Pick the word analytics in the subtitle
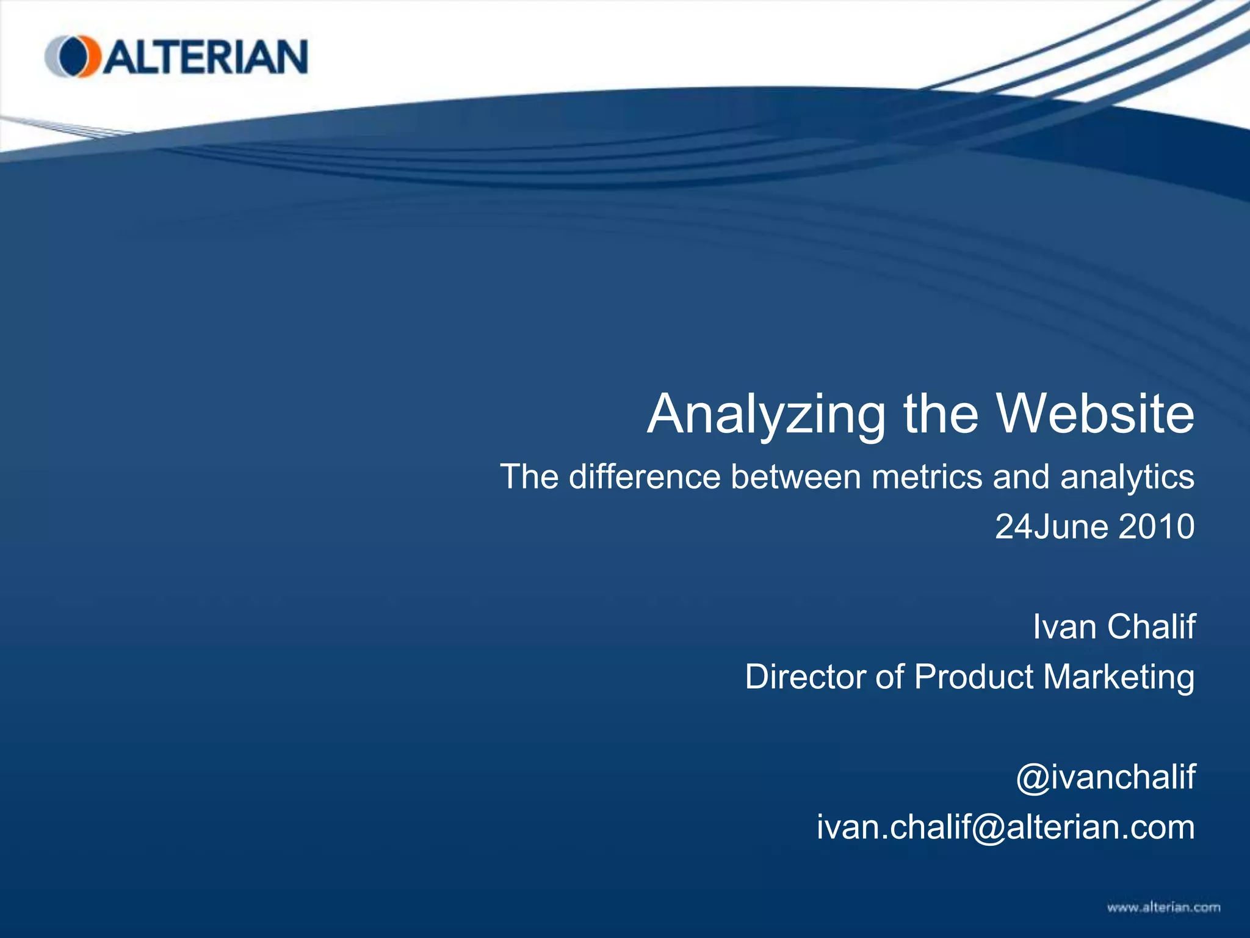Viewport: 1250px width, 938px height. [1127, 478]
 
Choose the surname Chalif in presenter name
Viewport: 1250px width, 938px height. [1151, 627]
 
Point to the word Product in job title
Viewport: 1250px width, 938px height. [975, 677]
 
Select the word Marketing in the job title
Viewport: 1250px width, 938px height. [1119, 678]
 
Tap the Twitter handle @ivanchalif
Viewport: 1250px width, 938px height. [1105, 777]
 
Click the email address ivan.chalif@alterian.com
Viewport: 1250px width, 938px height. [1006, 827]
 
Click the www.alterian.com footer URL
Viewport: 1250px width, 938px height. [1163, 907]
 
